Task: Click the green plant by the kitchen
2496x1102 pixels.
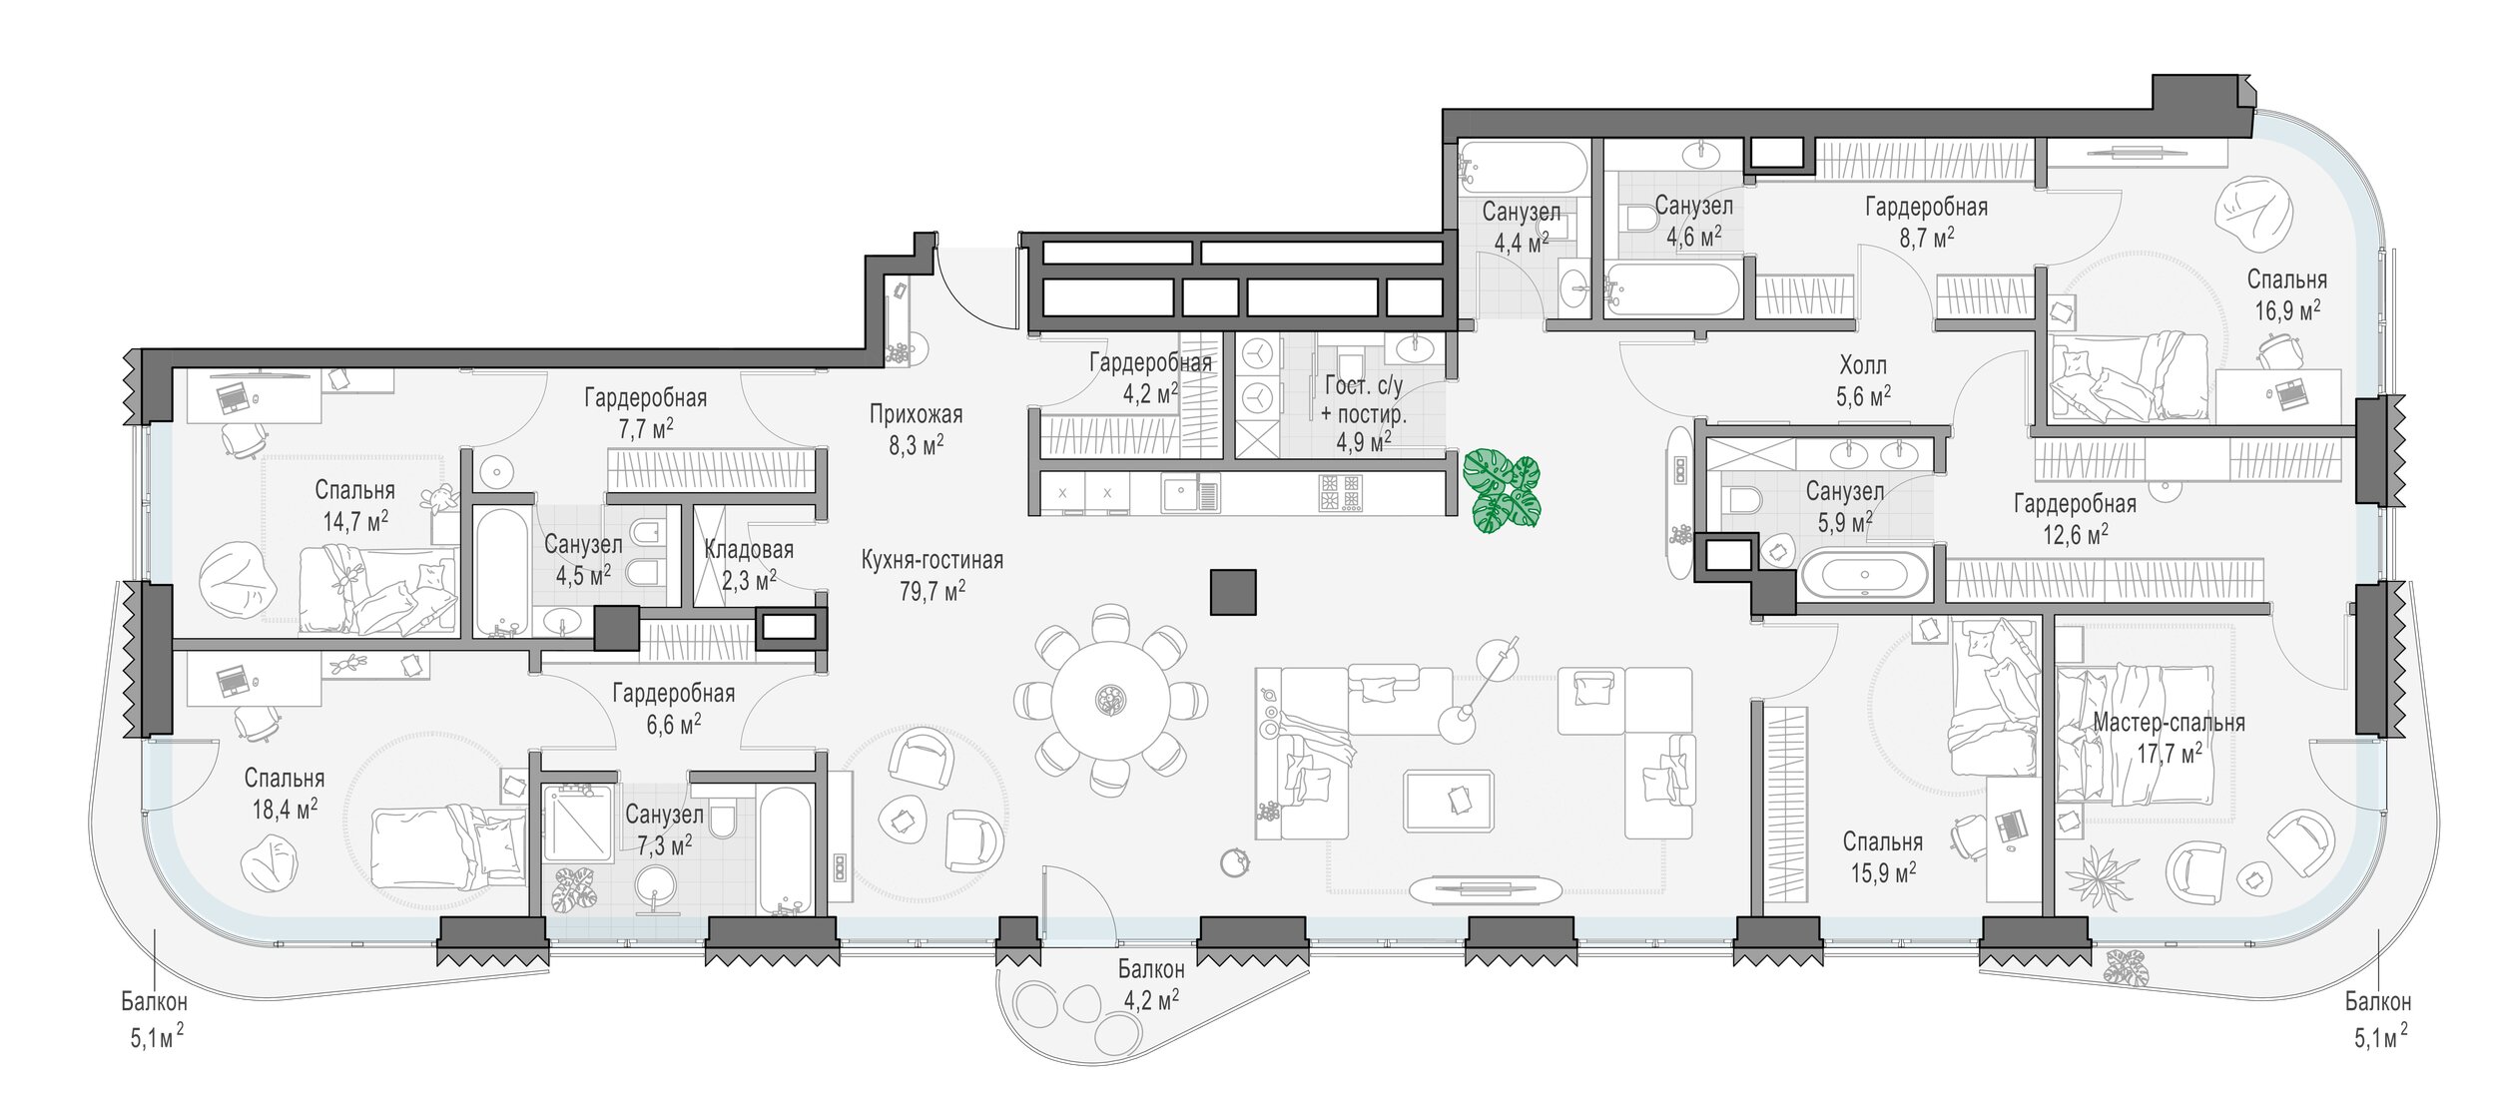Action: click(x=1502, y=492)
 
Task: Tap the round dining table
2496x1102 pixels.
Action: click(x=1110, y=700)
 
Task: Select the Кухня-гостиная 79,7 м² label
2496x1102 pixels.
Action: click(x=933, y=576)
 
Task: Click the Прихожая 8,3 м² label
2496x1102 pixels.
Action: click(x=917, y=429)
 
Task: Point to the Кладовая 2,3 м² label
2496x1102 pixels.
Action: click(x=749, y=564)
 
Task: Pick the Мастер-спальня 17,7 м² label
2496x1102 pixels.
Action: click(x=2169, y=737)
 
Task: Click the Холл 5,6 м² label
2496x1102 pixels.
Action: click(x=1863, y=380)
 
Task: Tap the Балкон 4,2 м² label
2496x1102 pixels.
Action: click(x=1151, y=984)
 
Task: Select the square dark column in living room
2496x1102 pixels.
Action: click(x=1233, y=592)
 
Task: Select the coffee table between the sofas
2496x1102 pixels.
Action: click(x=1449, y=800)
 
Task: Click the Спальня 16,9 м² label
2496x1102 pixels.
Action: click(x=2287, y=294)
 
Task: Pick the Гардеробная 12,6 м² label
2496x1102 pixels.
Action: click(x=2075, y=518)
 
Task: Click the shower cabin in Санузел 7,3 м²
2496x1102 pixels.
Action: click(x=577, y=823)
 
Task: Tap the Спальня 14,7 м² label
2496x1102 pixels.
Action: click(x=355, y=505)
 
